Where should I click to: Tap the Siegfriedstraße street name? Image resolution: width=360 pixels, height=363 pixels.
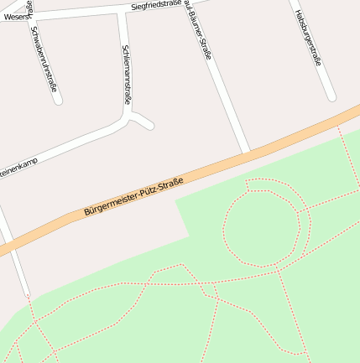[x=156, y=6]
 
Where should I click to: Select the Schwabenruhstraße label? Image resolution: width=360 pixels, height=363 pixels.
[x=43, y=57]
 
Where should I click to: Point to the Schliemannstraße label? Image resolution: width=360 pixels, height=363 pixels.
[x=127, y=74]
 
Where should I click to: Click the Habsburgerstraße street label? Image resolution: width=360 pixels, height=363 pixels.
[x=308, y=37]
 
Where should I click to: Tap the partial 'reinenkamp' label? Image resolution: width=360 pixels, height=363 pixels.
[x=18, y=169]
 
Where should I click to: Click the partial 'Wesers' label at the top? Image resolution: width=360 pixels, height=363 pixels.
[x=14, y=16]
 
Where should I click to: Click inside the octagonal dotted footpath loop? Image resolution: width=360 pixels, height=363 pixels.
[x=263, y=226]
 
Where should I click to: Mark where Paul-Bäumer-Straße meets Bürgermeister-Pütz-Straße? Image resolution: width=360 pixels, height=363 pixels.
[x=247, y=153]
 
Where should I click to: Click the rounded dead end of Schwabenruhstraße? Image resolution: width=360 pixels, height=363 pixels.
[x=57, y=100]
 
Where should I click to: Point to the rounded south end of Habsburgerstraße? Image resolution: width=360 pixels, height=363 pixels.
[x=327, y=96]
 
